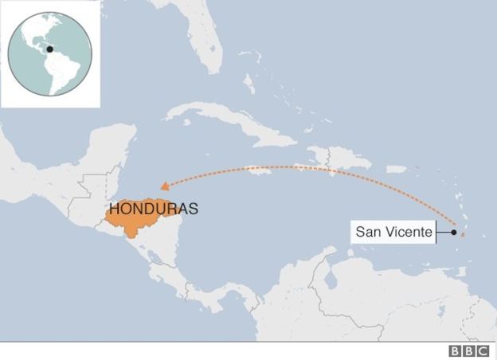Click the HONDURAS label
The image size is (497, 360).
tap(154, 209)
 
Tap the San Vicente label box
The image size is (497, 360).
tap(393, 233)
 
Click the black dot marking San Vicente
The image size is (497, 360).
tap(453, 233)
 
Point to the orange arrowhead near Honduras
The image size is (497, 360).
tap(163, 183)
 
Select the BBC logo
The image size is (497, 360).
tap(469, 351)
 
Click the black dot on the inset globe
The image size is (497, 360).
tap(49, 49)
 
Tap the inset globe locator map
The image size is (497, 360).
tap(49, 54)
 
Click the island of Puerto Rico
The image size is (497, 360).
tap(396, 169)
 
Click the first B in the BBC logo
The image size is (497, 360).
tap(456, 351)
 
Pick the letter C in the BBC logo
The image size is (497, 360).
tap(483, 351)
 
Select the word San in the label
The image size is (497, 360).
tap(367, 233)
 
